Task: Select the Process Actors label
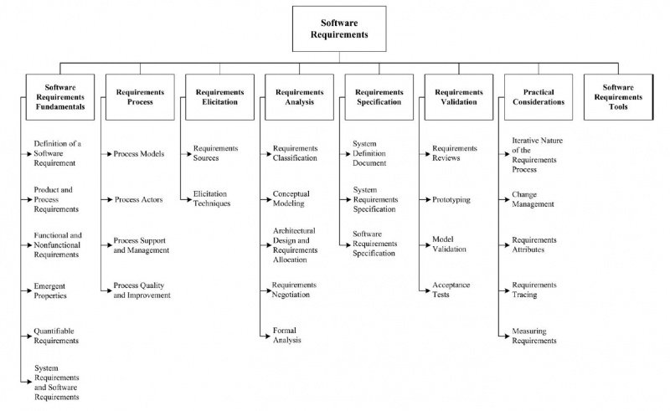(x=138, y=199)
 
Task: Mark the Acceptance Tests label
(x=451, y=289)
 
